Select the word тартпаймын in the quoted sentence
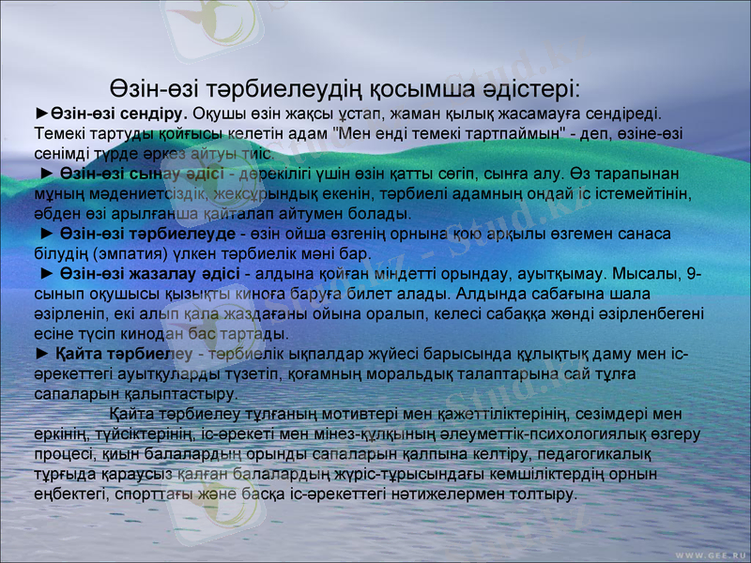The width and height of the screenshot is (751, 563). [513, 132]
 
